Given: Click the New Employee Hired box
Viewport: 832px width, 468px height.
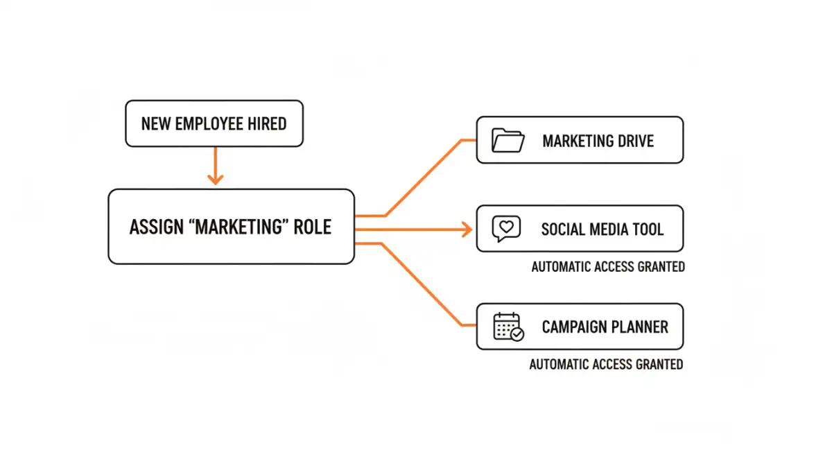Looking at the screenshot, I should (214, 123).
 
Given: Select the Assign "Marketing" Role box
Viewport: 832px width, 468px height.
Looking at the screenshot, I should (231, 227).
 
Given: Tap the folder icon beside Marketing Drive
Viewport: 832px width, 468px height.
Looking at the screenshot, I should (508, 140).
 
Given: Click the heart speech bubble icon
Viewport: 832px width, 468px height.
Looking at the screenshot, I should (505, 229).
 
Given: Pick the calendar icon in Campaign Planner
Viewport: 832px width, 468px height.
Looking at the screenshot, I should (508, 326).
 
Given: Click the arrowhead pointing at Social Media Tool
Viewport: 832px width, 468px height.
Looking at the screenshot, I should (467, 229).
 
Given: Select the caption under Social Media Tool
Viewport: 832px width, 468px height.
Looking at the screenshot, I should (608, 267).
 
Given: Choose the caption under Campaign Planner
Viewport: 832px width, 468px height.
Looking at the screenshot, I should (606, 364).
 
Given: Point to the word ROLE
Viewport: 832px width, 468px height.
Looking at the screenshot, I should (311, 227).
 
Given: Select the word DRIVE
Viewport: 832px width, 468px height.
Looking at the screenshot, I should (633, 141).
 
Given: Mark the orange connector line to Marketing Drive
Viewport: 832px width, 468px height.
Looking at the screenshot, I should (423, 177).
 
